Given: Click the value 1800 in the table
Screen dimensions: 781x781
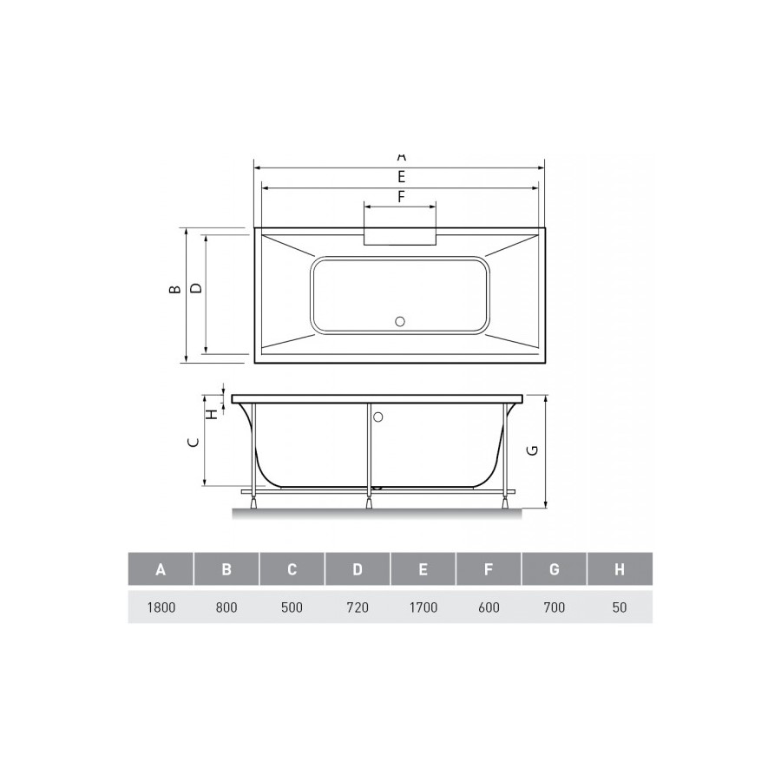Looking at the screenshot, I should tap(161, 607).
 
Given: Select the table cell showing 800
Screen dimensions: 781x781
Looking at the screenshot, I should tap(226, 607).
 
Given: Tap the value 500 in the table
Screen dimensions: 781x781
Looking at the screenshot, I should tap(292, 607).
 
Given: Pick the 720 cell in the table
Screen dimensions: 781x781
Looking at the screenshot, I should tap(358, 607).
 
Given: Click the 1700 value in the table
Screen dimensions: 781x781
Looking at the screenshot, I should tap(423, 607).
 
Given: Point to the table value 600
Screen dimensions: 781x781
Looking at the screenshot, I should tap(489, 607).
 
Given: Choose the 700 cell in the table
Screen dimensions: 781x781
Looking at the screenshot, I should tap(554, 607).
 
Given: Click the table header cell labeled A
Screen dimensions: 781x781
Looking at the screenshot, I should tap(161, 570).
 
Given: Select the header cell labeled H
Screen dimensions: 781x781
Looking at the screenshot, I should tap(619, 570).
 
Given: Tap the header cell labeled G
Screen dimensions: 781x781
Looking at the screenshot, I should tap(554, 570).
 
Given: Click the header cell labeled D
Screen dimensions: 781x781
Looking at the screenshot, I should tap(358, 570).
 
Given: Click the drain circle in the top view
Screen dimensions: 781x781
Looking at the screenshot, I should tap(400, 321).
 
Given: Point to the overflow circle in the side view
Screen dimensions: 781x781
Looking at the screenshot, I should tap(377, 417).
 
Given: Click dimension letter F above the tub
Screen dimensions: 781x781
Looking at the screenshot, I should tap(401, 197).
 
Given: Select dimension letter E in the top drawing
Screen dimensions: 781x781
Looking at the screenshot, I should tap(401, 176).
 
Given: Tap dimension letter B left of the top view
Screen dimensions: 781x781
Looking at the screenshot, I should tap(174, 290).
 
